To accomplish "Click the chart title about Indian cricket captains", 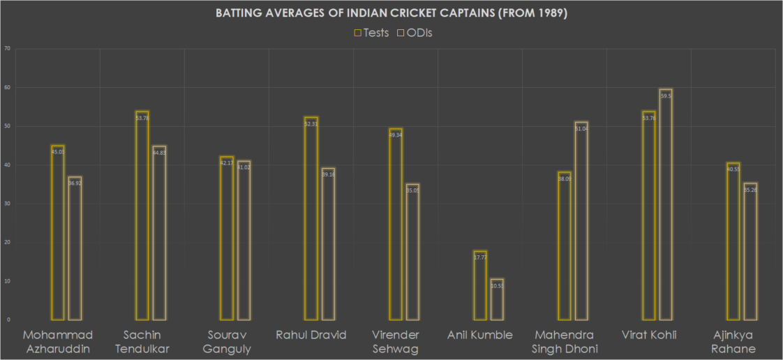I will pos(391,14).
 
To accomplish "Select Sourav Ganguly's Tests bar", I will pos(227,238).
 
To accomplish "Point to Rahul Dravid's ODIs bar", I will pos(327,243).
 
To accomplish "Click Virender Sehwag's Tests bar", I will pos(395,224).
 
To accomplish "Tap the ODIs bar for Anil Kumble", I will pos(497,299).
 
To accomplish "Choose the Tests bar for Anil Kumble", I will pos(479,285).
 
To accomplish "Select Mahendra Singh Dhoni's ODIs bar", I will pos(581,220).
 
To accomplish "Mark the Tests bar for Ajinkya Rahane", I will pos(733,241).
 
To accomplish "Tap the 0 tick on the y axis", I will pos(8,320).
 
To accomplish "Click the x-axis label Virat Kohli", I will pos(648,335).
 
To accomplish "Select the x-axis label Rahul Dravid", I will pos(311,335).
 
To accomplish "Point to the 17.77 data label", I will pos(479,257).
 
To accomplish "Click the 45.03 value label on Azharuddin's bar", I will pos(58,151).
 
